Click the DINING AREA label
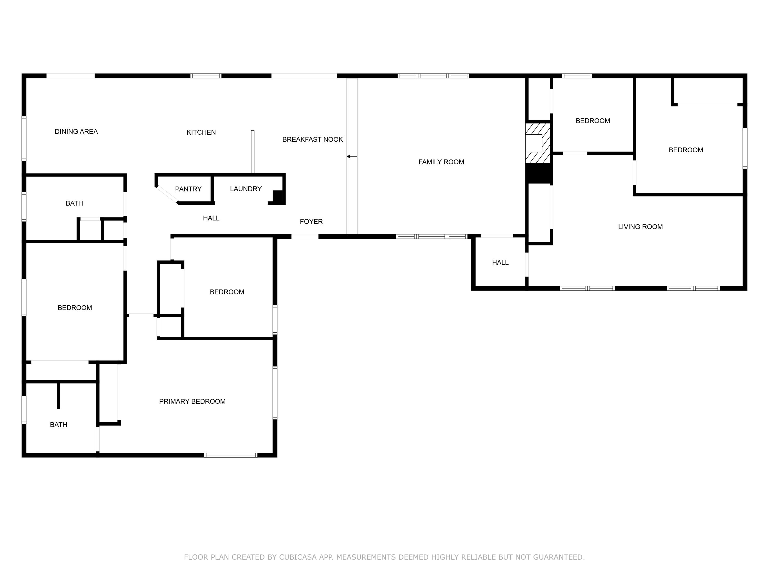point(76,132)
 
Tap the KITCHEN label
point(201,132)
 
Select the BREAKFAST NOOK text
point(312,140)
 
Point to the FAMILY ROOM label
point(441,162)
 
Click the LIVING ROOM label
point(640,227)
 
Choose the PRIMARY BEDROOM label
point(192,401)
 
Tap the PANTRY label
point(188,189)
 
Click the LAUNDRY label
point(246,189)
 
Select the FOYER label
point(311,222)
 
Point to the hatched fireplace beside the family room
point(538,143)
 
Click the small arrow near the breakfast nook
point(349,156)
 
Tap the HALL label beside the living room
point(500,263)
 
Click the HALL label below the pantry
point(211,218)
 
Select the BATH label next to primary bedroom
point(58,425)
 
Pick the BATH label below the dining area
point(74,203)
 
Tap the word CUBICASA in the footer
point(297,557)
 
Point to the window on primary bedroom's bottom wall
point(230,455)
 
